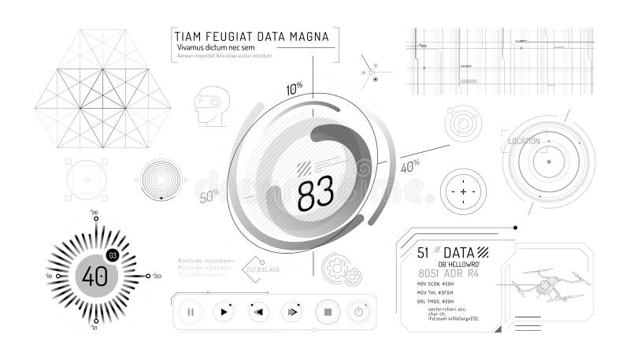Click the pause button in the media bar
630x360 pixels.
point(191,312)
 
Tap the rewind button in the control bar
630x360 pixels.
point(258,312)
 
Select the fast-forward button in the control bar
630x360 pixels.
point(291,312)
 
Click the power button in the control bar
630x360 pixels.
point(359,312)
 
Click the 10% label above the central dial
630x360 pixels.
point(295,89)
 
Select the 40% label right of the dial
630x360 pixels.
point(409,165)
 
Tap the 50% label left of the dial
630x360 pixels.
point(209,195)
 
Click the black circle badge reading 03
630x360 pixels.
point(113,254)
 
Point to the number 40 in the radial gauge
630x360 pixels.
point(95,276)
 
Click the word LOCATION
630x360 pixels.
point(524,142)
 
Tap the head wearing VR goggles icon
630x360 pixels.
point(210,107)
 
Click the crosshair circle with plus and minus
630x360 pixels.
point(463,192)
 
